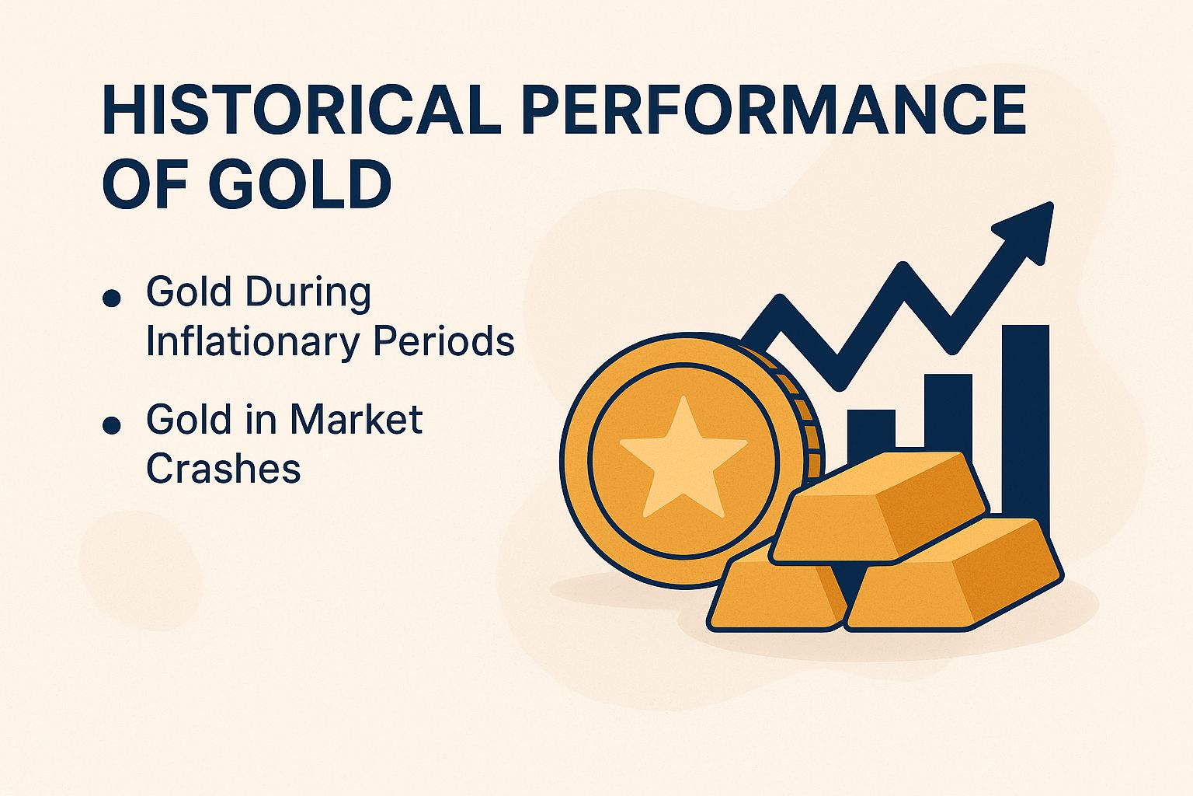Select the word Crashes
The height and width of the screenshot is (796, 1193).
(x=224, y=469)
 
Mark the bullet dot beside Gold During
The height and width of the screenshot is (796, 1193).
(x=112, y=298)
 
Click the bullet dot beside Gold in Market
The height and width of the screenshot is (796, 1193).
(x=112, y=425)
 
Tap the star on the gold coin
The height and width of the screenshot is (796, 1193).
(x=683, y=457)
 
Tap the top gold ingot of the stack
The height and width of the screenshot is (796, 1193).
(x=882, y=506)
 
